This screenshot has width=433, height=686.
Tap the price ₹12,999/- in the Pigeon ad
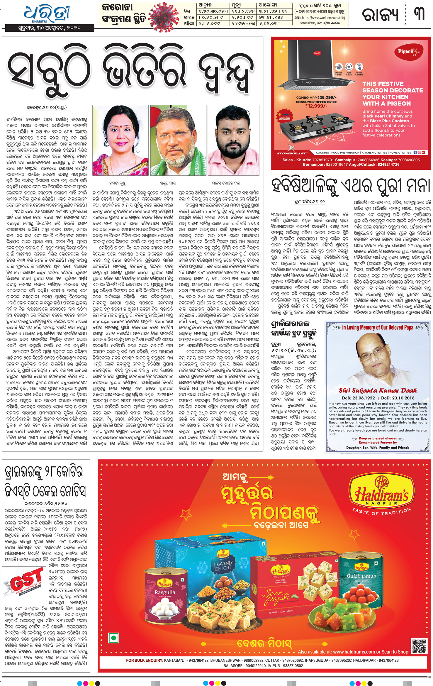pos(316,106)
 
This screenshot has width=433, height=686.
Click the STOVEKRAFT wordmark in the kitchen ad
pos(292,153)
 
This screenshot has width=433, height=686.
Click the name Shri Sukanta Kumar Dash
pos(378,390)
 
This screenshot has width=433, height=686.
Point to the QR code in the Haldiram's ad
pos(419,646)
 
